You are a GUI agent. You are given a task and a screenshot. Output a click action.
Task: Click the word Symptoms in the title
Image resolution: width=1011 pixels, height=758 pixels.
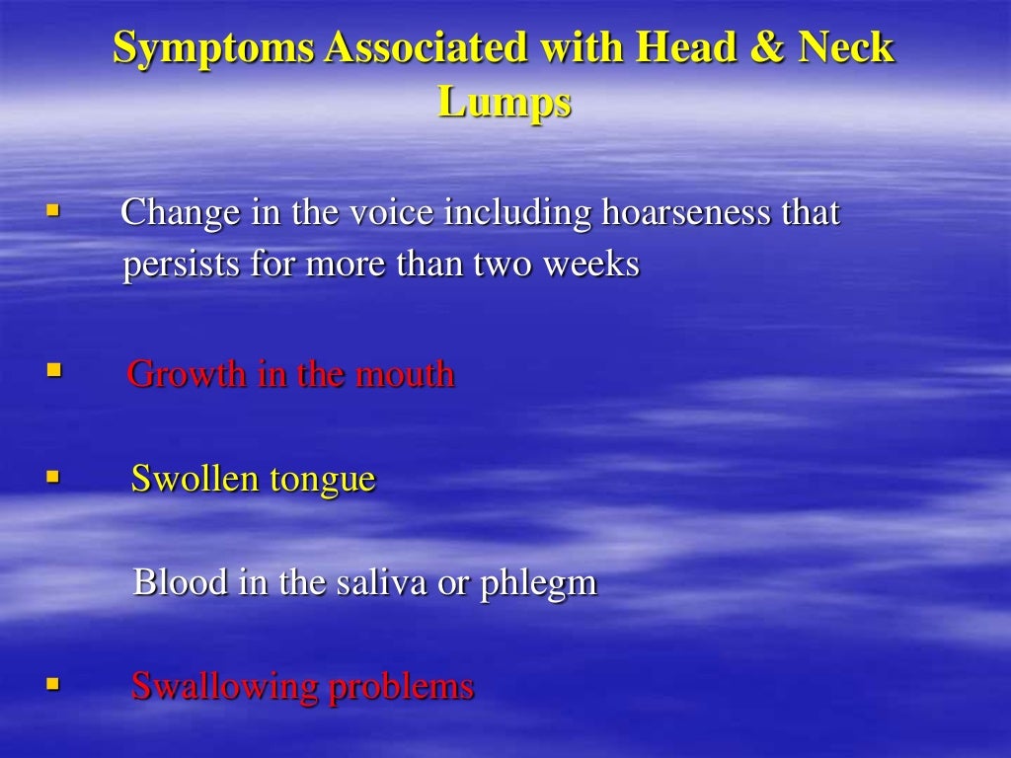(x=214, y=48)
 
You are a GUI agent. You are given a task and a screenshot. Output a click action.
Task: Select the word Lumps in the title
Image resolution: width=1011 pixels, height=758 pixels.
(x=505, y=102)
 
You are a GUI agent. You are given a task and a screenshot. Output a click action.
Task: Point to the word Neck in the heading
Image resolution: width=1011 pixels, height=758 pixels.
(x=849, y=48)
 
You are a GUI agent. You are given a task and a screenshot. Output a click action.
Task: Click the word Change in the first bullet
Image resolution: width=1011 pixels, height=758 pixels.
(x=180, y=212)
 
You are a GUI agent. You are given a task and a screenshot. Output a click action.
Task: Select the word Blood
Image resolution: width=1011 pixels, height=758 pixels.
(x=176, y=582)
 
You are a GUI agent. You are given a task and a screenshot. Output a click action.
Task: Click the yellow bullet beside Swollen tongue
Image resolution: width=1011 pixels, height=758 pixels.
(x=53, y=478)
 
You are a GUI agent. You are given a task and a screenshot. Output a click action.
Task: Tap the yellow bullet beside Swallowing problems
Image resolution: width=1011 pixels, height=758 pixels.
(x=53, y=682)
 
